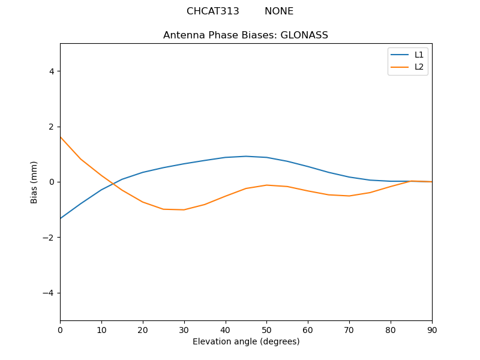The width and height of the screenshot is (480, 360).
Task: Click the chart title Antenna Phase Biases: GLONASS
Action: click(x=245, y=35)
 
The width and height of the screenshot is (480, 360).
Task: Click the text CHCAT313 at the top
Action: click(x=212, y=11)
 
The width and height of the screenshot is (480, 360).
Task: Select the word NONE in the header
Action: click(x=279, y=11)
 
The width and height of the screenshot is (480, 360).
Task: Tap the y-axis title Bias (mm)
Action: click(x=34, y=182)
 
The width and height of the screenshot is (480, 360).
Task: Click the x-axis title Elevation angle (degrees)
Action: click(x=246, y=342)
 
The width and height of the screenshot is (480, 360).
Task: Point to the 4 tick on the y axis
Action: click(x=51, y=71)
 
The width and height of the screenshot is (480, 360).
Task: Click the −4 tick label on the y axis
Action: click(x=48, y=293)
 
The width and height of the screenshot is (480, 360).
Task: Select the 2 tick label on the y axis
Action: click(x=51, y=127)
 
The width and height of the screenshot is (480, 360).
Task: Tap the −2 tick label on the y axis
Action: click(x=48, y=238)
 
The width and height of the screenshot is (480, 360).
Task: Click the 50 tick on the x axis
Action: click(x=266, y=329)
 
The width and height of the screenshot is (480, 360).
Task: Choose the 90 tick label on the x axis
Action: click(x=432, y=329)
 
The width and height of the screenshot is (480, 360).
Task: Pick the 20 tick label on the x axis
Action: click(x=143, y=329)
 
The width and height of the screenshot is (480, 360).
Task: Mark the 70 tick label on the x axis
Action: click(x=349, y=329)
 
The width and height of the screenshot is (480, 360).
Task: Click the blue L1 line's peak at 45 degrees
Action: click(x=246, y=156)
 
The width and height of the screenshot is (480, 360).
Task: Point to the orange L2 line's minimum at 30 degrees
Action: click(x=184, y=210)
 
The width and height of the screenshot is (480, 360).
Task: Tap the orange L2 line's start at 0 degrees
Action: click(x=61, y=137)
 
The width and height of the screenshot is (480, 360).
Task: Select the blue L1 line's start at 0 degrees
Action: click(x=61, y=218)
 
